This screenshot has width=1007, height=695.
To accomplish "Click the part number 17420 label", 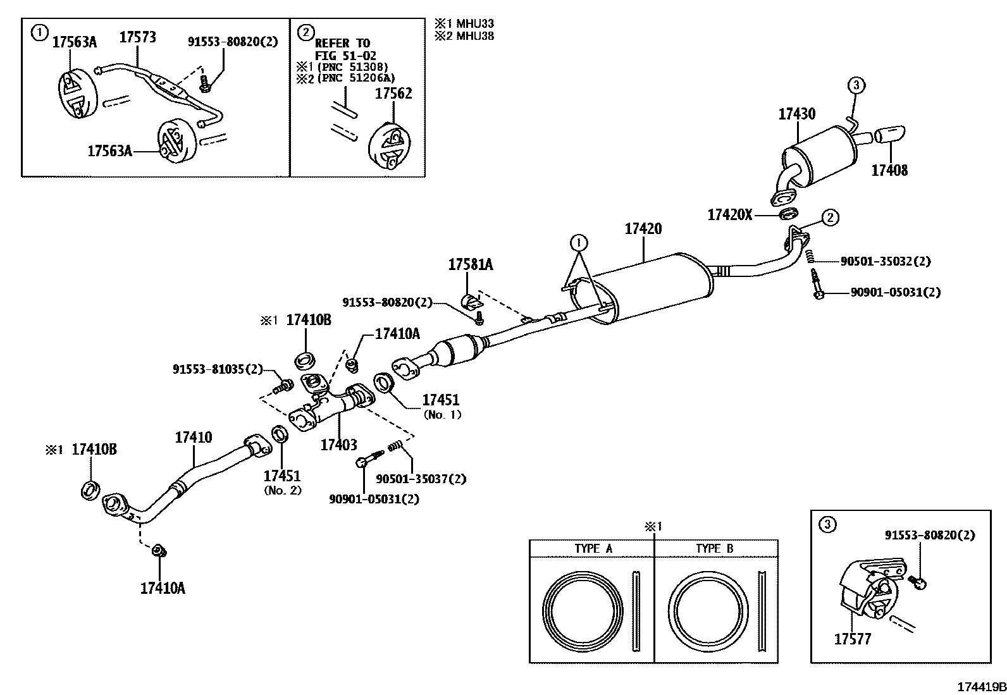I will [643, 229].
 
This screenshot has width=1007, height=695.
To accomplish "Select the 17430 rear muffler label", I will [796, 114].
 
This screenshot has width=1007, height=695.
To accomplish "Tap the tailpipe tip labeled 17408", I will [891, 135].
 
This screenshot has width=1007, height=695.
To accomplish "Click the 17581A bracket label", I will [470, 265].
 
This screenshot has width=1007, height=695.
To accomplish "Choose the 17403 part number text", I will [338, 445].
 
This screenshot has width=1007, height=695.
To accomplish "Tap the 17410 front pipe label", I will [193, 437].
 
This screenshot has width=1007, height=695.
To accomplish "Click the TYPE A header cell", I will [593, 548].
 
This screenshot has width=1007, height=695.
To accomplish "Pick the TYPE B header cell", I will [715, 548].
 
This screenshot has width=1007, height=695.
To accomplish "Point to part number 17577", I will [852, 639].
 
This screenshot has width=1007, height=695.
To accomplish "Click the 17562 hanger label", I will [393, 94].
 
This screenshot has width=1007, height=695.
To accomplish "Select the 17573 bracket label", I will [138, 37].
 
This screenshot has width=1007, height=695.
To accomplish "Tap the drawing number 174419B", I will [980, 687].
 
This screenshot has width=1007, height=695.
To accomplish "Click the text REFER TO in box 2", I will [342, 43].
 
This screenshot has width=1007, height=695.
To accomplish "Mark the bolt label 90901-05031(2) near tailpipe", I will [895, 292].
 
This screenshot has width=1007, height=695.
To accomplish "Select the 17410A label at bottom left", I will [162, 588].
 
